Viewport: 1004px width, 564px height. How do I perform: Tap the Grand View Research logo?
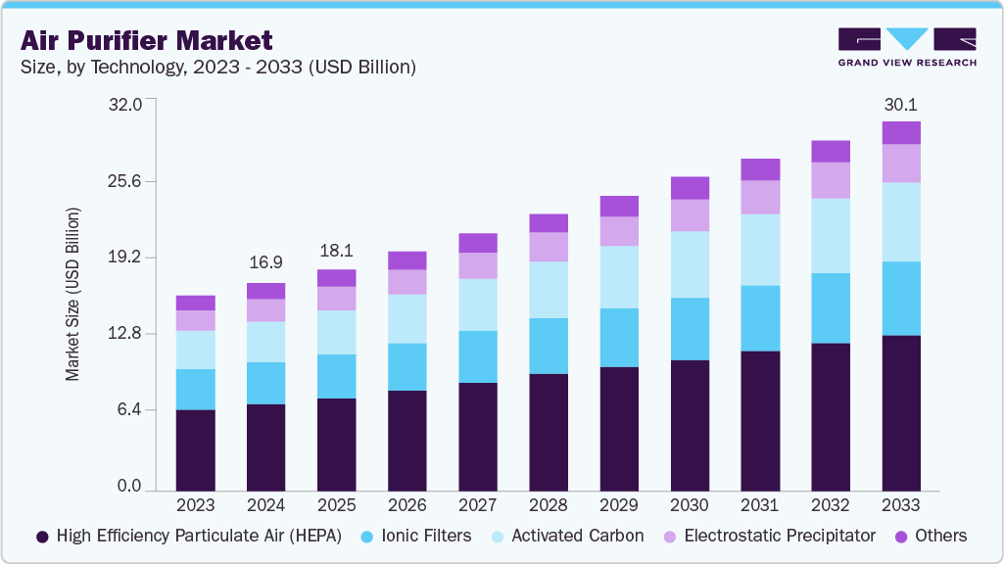[x=907, y=46]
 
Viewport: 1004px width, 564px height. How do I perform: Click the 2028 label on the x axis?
[x=548, y=505]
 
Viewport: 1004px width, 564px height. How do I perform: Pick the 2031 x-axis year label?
[x=759, y=505]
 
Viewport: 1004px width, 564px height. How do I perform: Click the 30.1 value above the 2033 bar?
[x=900, y=105]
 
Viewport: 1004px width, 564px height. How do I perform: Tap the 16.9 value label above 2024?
[x=265, y=262]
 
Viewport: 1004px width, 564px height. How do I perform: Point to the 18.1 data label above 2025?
[x=336, y=250]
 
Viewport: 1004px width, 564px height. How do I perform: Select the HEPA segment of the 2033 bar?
[x=900, y=411]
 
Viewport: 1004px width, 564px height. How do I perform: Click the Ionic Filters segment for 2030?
[x=689, y=329]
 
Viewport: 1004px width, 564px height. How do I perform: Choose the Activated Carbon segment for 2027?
[x=477, y=305]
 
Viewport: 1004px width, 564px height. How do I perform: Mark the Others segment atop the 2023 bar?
[x=195, y=303]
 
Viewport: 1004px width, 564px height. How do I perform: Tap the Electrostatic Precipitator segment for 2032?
[x=830, y=180]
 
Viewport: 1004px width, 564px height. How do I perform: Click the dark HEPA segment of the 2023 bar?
[x=195, y=448]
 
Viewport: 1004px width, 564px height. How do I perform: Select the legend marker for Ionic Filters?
[x=368, y=537]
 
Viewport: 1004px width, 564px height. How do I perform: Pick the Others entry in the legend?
[x=940, y=536]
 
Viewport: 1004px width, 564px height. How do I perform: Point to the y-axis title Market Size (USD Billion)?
[x=73, y=295]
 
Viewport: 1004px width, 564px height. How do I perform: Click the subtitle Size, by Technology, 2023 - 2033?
[x=220, y=68]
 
